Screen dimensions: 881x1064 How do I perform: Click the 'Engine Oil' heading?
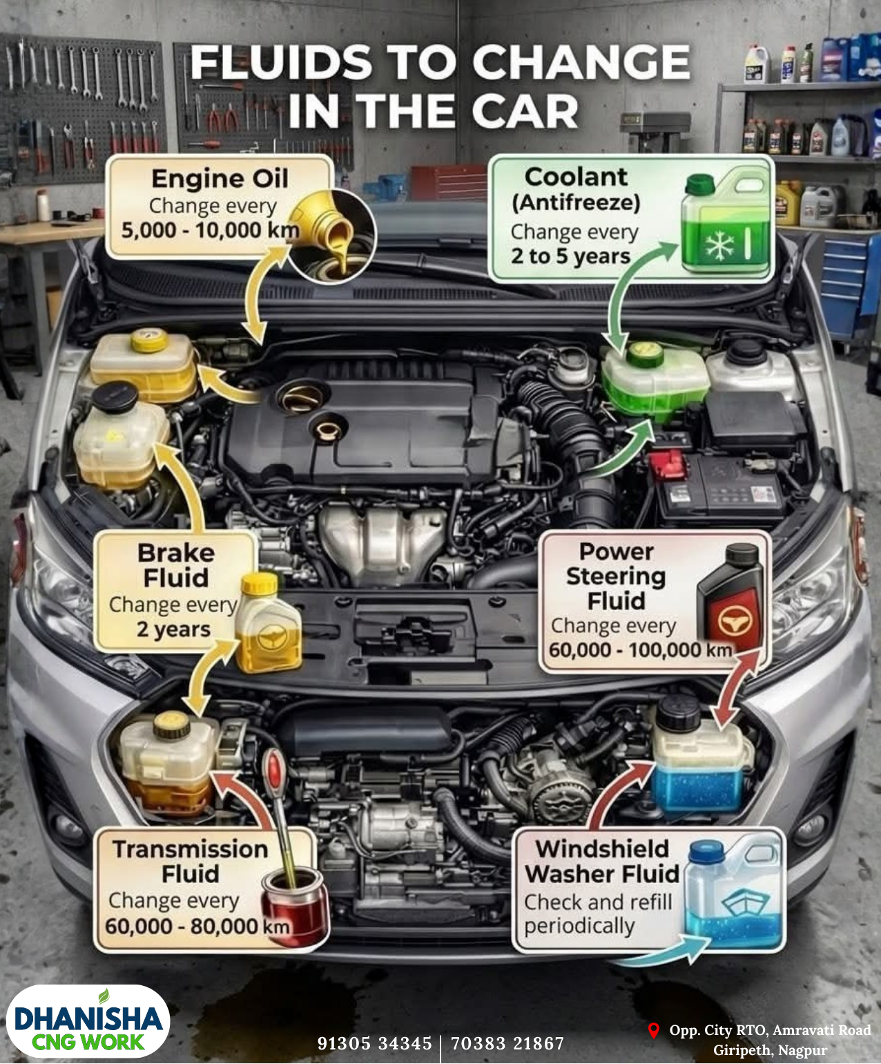220,180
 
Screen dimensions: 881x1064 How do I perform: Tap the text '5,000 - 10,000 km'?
211,230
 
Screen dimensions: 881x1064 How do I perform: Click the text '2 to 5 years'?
570,256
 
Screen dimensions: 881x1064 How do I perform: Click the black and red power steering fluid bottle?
729,595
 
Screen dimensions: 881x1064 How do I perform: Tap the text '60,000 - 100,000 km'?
640,650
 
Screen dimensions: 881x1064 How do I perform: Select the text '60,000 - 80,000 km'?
197,926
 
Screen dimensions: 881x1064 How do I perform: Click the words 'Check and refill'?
598,902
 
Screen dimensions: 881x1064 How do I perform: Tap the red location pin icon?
653,1030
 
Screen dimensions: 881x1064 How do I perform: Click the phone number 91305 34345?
374,1043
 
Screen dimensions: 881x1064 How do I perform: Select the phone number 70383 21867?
507,1043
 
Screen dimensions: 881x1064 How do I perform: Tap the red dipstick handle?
275,772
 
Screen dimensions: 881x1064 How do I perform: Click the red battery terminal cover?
667,465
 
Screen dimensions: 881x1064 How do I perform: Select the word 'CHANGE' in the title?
581,62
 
